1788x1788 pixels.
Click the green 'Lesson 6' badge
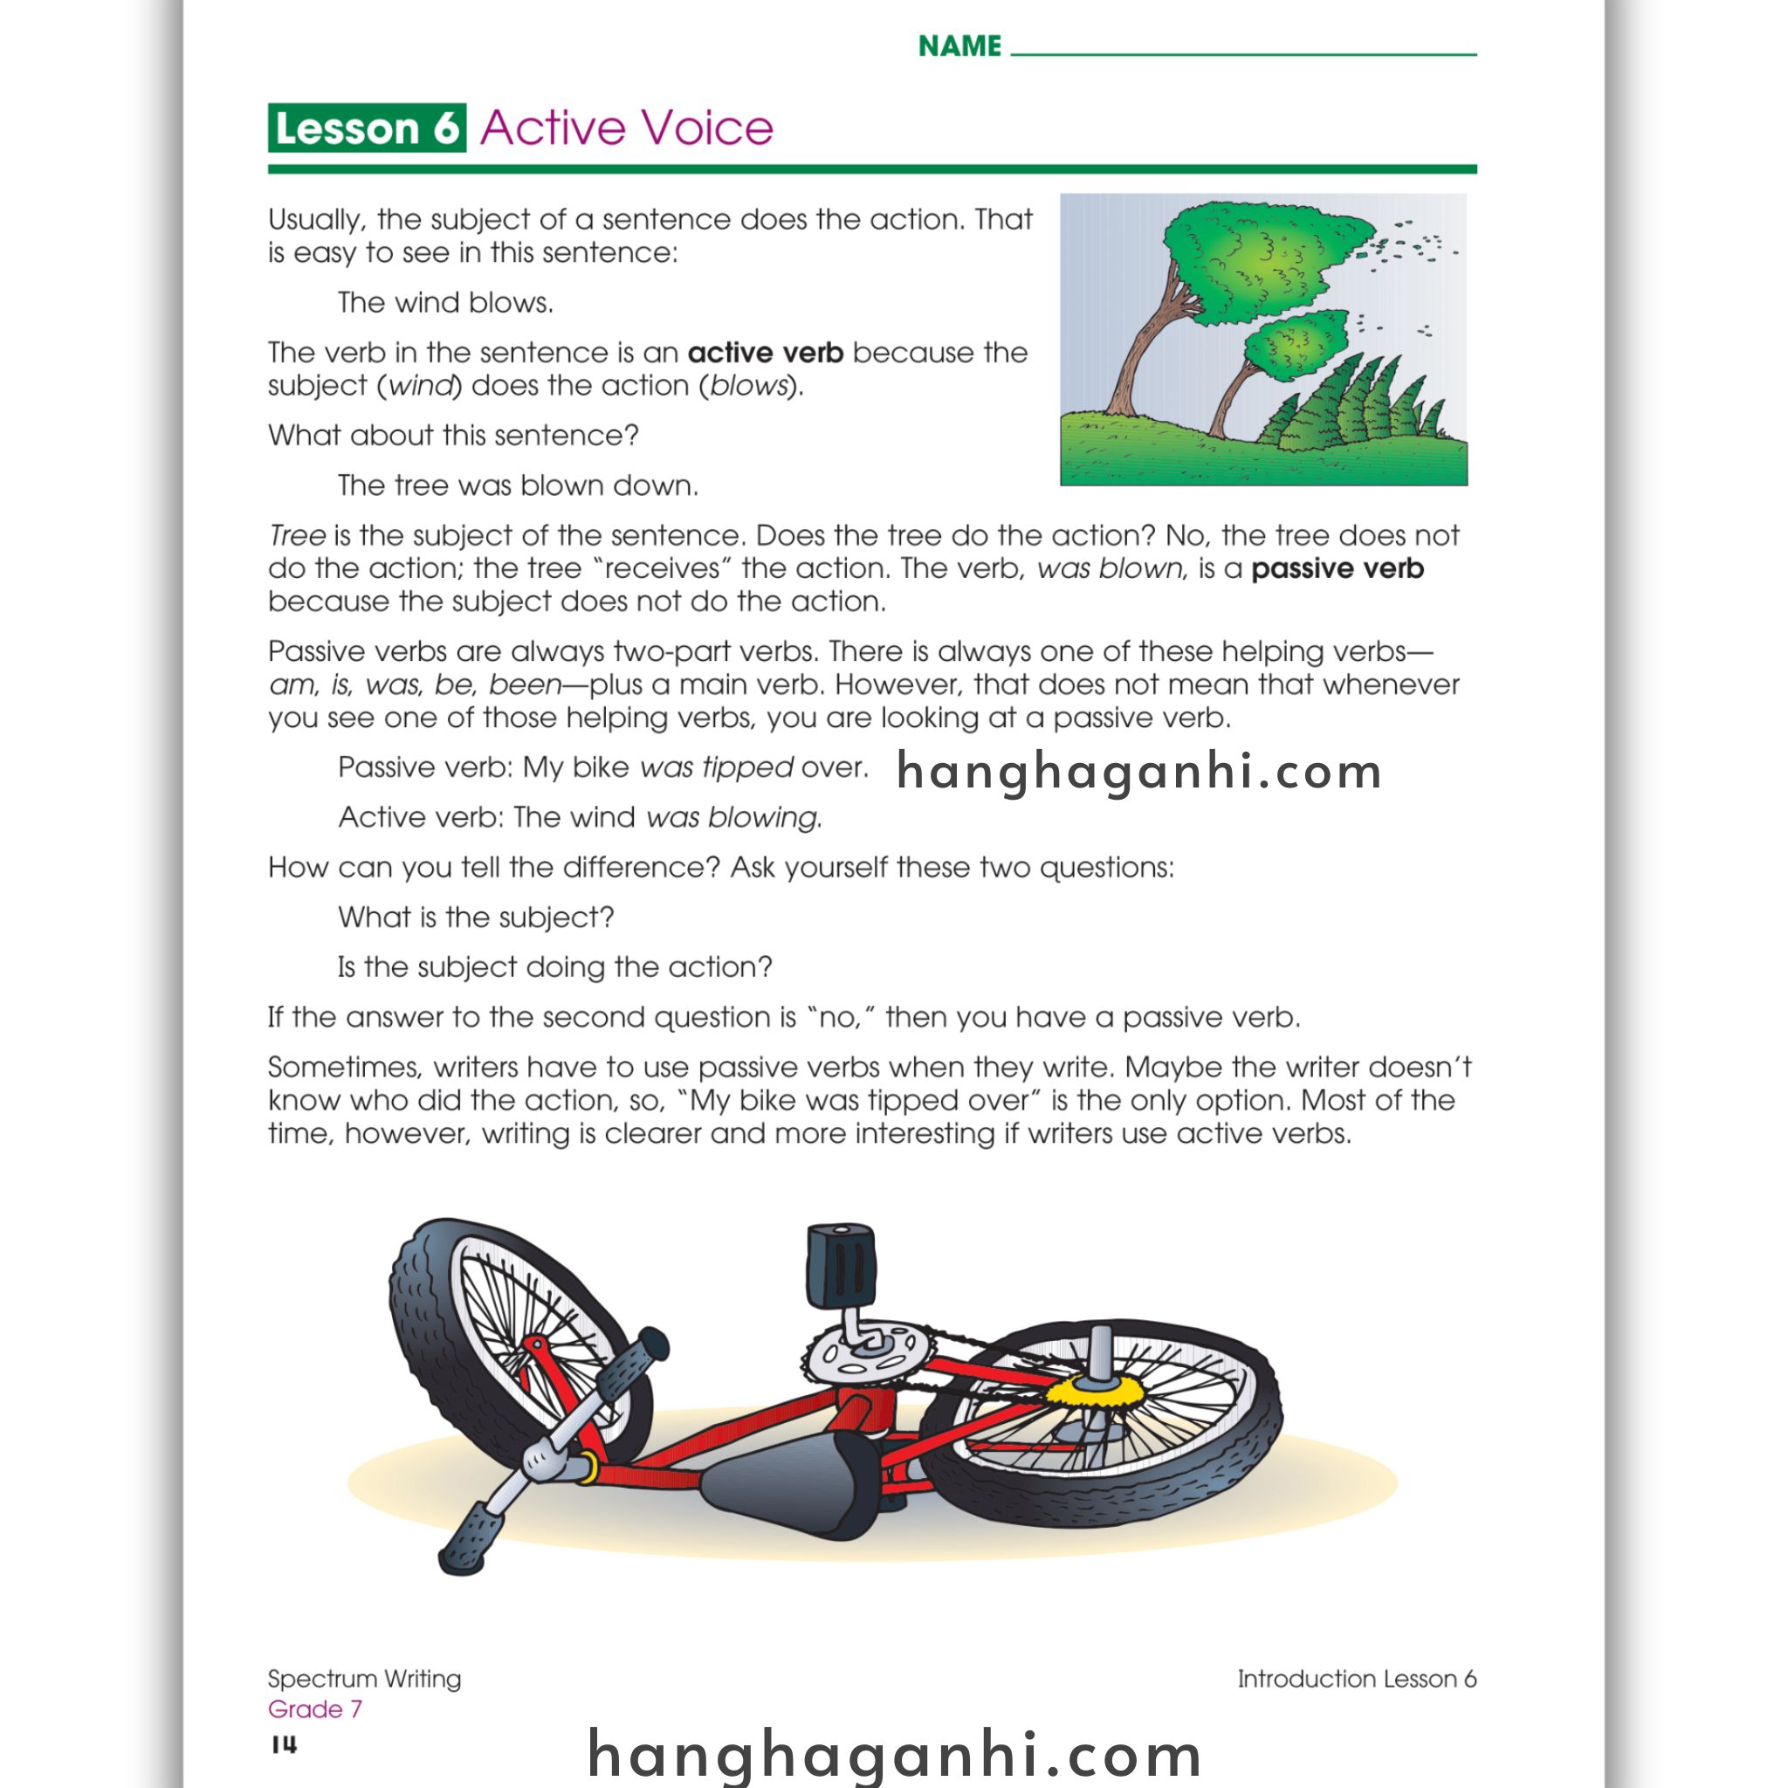[367, 127]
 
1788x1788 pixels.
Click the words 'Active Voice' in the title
[627, 127]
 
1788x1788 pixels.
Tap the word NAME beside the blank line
[959, 46]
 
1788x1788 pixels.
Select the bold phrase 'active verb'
[765, 353]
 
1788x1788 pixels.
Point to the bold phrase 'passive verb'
[1337, 568]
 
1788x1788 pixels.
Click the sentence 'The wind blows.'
[445, 303]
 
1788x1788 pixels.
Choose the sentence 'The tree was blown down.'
[518, 485]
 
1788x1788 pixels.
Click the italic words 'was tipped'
[716, 767]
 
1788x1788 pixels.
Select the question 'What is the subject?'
[476, 918]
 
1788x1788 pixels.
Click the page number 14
[284, 1744]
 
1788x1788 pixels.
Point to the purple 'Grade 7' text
[314, 1709]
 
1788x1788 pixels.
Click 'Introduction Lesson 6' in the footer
[1356, 1679]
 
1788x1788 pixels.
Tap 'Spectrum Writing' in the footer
[364, 1679]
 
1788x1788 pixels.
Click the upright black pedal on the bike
[841, 1265]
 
